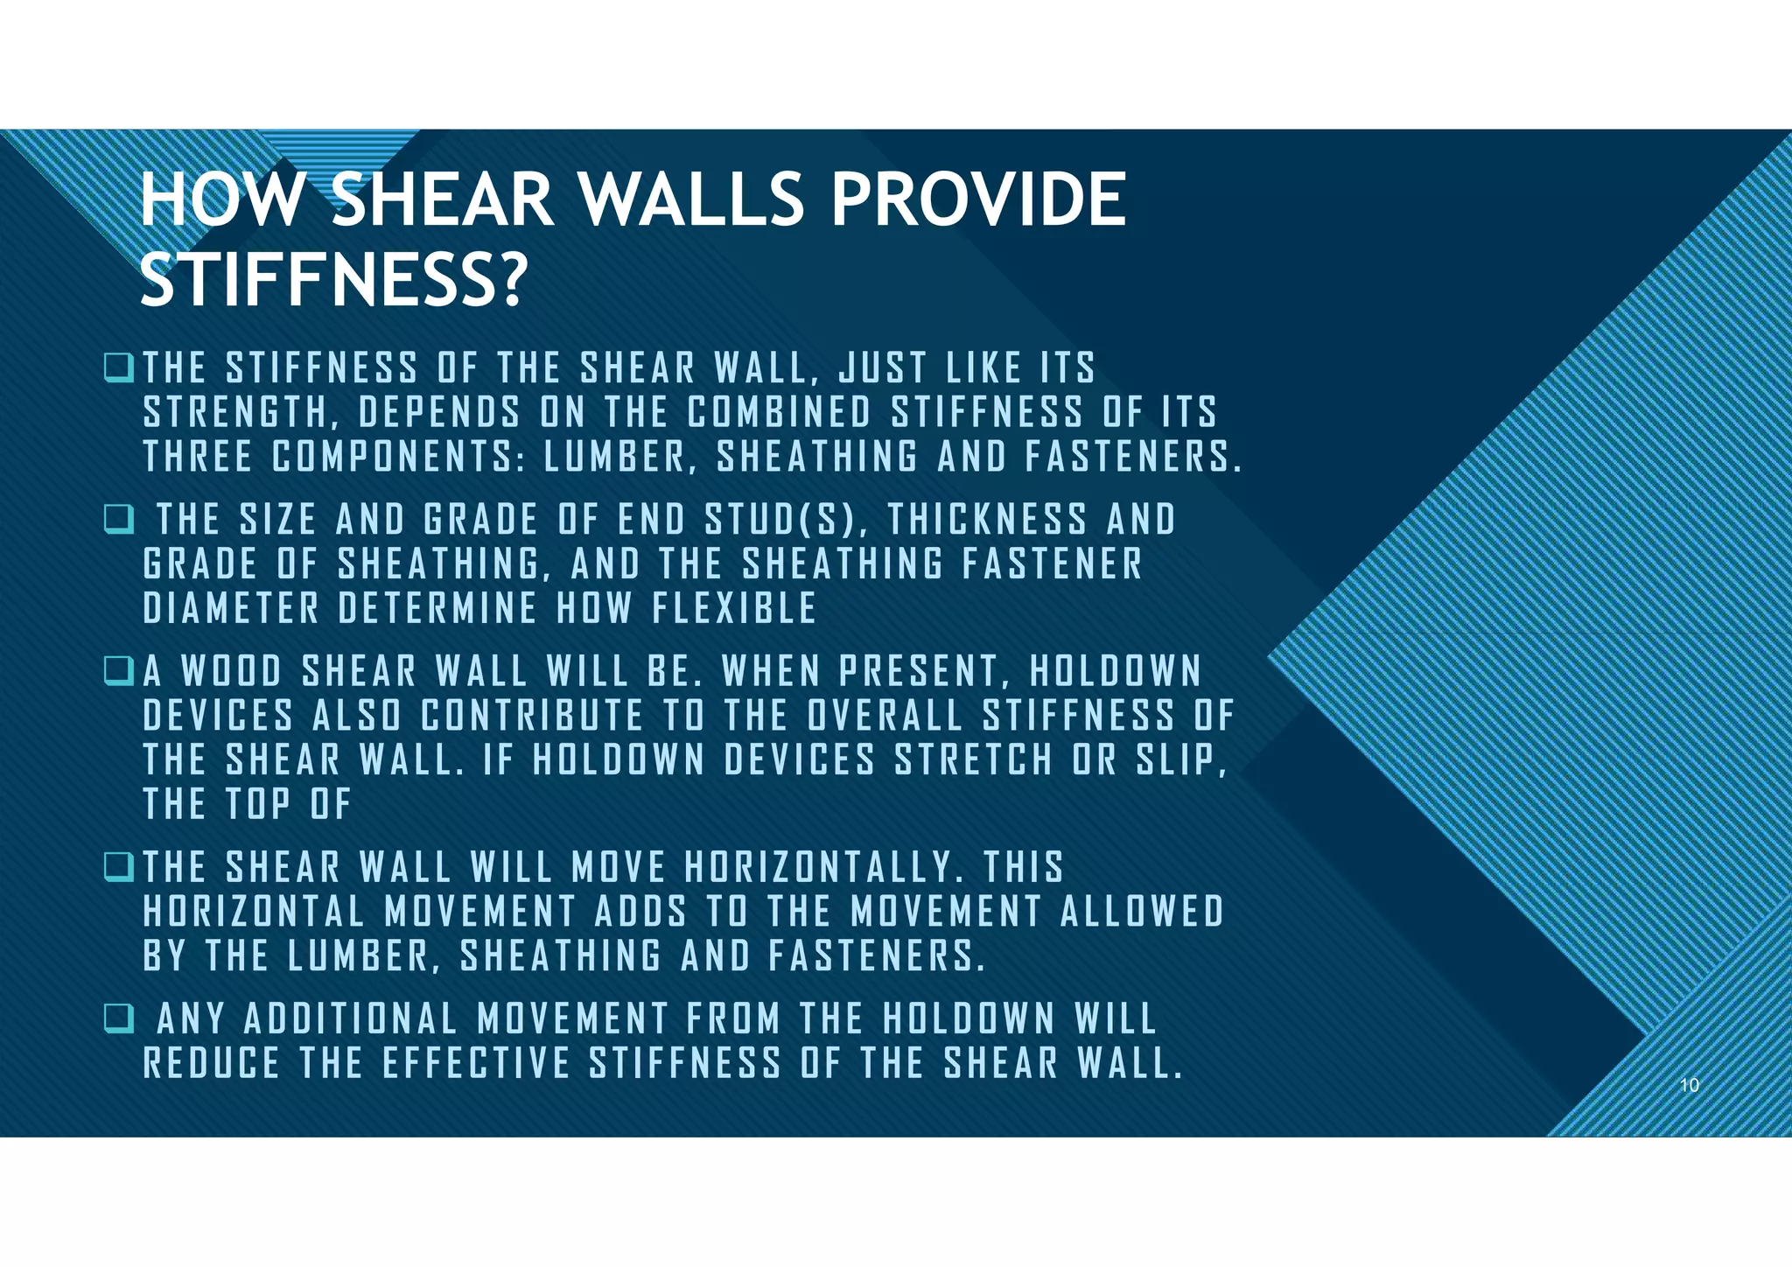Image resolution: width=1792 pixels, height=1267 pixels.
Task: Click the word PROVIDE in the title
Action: (x=978, y=199)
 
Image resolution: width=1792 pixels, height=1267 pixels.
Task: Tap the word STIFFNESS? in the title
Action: (x=333, y=279)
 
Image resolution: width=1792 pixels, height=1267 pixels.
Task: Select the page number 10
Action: (x=1689, y=1085)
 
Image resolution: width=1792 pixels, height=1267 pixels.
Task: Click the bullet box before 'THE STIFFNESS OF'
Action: (x=116, y=367)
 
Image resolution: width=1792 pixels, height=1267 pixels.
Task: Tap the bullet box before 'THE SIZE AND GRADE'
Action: (x=116, y=519)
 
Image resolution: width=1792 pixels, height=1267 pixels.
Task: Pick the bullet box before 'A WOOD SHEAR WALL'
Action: (x=116, y=671)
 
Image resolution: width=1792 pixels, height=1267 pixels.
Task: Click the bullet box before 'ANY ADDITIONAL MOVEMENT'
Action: (x=116, y=1018)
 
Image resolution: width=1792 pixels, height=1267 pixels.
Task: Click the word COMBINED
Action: (x=779, y=413)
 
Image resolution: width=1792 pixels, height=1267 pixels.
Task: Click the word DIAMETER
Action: (x=231, y=609)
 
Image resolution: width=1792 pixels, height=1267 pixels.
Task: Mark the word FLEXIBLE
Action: (x=734, y=609)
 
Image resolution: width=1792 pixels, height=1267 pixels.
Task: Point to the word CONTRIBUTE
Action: (x=532, y=716)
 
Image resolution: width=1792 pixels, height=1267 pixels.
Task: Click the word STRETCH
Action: (x=973, y=760)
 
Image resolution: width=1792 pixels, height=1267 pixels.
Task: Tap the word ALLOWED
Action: (x=1141, y=912)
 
